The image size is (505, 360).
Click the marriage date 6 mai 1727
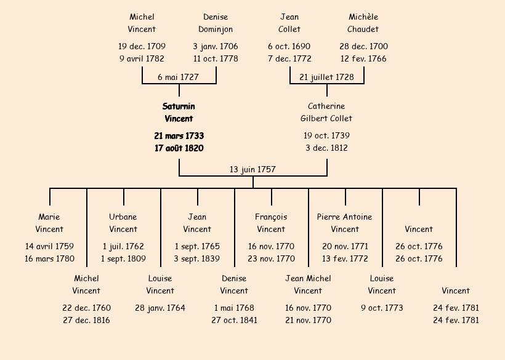[x=178, y=77]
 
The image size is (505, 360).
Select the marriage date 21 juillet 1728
[x=326, y=77]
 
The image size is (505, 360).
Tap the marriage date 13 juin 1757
[x=252, y=169]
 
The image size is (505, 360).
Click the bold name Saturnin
[x=179, y=106]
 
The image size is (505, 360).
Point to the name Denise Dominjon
[x=216, y=23]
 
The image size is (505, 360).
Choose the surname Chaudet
[x=363, y=29]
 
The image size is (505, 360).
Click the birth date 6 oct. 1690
[x=289, y=46]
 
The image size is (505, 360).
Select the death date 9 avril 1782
[x=142, y=59]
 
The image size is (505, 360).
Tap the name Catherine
[x=326, y=106]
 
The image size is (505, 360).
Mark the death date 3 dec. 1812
[x=326, y=148]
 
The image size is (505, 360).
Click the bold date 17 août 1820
[x=179, y=148]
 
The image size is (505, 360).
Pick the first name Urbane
[x=123, y=217]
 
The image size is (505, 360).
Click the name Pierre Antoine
[x=345, y=217]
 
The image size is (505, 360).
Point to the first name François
[x=271, y=217]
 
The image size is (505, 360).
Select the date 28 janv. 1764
[x=160, y=308]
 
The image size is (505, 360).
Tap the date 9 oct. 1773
[x=382, y=308]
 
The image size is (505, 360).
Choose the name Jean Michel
[x=308, y=278]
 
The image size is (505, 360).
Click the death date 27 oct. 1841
[x=234, y=320]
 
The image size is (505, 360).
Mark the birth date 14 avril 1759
[x=49, y=246]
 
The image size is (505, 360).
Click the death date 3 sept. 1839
[x=197, y=258]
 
